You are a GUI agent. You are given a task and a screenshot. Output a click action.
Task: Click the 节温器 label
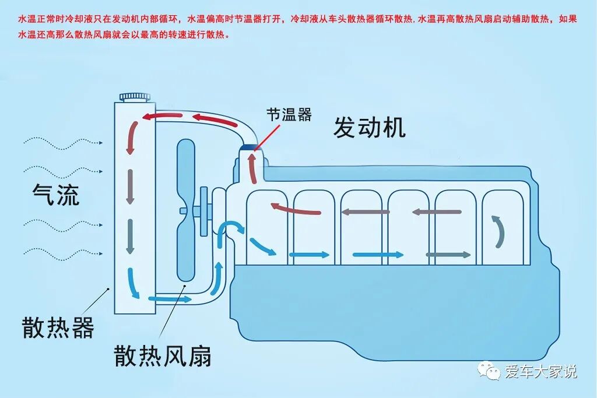click(x=289, y=114)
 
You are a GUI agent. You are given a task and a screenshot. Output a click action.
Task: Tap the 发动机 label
click(x=369, y=127)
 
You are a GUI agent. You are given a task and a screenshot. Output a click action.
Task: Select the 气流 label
click(x=55, y=194)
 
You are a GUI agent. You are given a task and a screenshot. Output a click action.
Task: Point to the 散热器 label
click(x=58, y=327)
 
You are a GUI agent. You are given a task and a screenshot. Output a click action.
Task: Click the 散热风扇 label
click(x=162, y=354)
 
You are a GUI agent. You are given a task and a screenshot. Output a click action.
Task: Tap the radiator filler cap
click(x=135, y=96)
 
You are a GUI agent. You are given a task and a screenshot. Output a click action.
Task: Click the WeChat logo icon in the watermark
click(x=489, y=370)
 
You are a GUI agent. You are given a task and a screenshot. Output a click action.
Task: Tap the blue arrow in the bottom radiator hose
click(x=170, y=299)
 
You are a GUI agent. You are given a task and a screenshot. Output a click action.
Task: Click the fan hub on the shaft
click(x=203, y=210)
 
